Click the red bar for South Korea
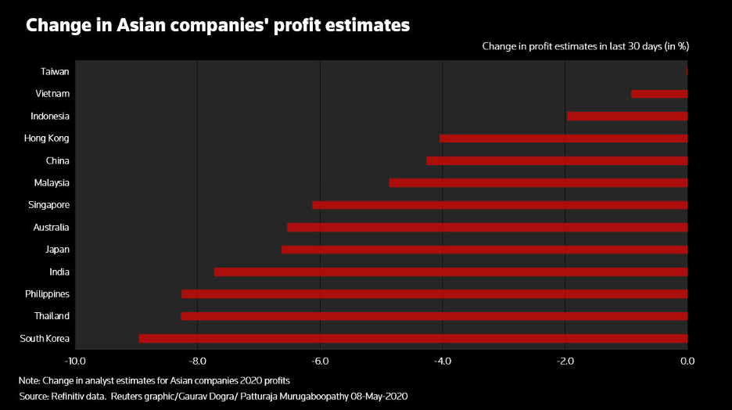coord(413,339)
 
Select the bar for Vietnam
coord(659,94)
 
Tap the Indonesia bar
coord(627,116)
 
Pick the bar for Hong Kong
coord(563,138)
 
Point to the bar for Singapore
coord(500,205)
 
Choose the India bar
coord(450,272)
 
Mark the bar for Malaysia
coord(538,183)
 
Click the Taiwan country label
coord(55,72)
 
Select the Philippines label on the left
coord(47,294)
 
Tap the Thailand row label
coord(52,316)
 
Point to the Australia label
coord(51,228)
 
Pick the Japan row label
coord(57,250)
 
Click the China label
coord(57,161)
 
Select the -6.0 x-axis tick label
coord(319,361)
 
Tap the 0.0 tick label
coord(687,361)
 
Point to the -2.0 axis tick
coord(564,361)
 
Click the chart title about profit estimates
coord(217,26)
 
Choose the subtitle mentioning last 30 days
coord(585,47)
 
